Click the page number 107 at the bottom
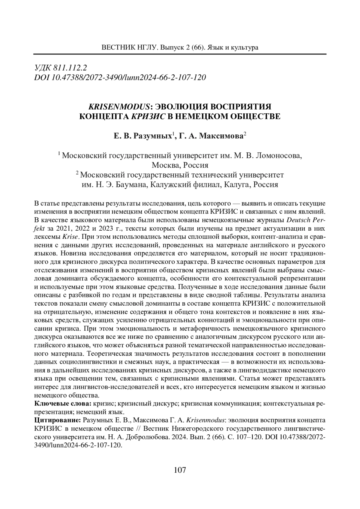tap(180, 470)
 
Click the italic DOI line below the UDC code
tap(120, 77)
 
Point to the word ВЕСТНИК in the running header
tap(115, 47)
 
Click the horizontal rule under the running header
tap(180, 54)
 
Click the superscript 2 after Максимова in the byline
tap(245, 134)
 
